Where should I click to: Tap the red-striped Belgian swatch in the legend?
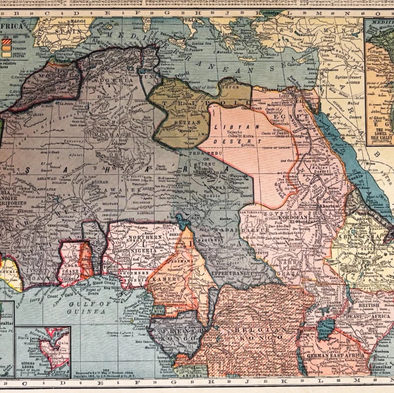(6, 41)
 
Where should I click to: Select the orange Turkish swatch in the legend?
(6, 48)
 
